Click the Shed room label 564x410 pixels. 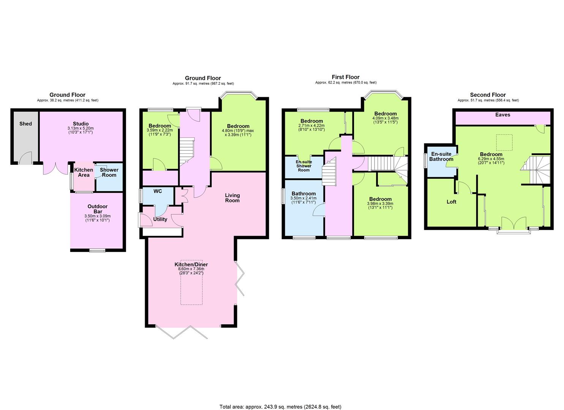[x=25, y=124]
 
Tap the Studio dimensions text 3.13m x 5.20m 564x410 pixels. [x=81, y=128]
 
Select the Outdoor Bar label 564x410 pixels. [x=98, y=209]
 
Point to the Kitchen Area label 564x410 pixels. [x=84, y=172]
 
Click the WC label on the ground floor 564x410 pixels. [x=158, y=191]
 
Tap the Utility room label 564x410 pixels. [x=160, y=219]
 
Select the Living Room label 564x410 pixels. [x=232, y=198]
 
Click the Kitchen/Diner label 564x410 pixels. [x=191, y=265]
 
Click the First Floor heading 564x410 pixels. [x=346, y=77]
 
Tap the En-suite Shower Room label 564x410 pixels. [x=304, y=166]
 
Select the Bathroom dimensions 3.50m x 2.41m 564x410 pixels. [x=303, y=198]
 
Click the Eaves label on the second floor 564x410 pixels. [x=502, y=115]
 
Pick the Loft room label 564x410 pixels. [x=451, y=202]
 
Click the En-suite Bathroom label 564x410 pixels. [x=441, y=156]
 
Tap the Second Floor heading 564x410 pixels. [x=488, y=95]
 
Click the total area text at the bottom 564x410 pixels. [x=281, y=393]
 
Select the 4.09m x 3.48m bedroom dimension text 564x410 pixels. [x=385, y=118]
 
